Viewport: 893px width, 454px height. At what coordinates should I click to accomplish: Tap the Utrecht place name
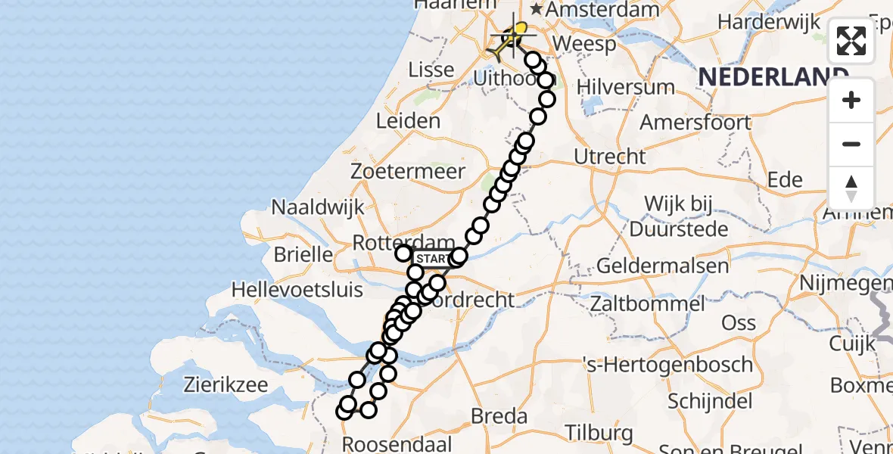pyautogui.click(x=610, y=157)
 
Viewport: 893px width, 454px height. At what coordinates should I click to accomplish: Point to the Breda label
pyautogui.click(x=499, y=415)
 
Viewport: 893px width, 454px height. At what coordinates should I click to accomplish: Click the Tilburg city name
pyautogui.click(x=600, y=433)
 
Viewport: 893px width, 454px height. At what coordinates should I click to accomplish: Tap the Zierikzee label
pyautogui.click(x=226, y=384)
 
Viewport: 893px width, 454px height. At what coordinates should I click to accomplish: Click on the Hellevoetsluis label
pyautogui.click(x=297, y=289)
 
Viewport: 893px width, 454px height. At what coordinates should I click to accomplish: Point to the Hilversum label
pyautogui.click(x=626, y=86)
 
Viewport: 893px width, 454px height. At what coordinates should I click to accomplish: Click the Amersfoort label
pyautogui.click(x=695, y=122)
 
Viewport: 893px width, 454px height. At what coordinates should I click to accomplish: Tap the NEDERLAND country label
pyautogui.click(x=773, y=76)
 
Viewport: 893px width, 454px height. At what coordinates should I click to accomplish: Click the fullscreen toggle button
pyautogui.click(x=851, y=41)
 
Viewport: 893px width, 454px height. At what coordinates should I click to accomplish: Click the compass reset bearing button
pyautogui.click(x=851, y=188)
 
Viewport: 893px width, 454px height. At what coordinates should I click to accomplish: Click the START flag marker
pyautogui.click(x=434, y=259)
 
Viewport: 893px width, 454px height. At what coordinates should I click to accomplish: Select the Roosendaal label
pyautogui.click(x=397, y=443)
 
